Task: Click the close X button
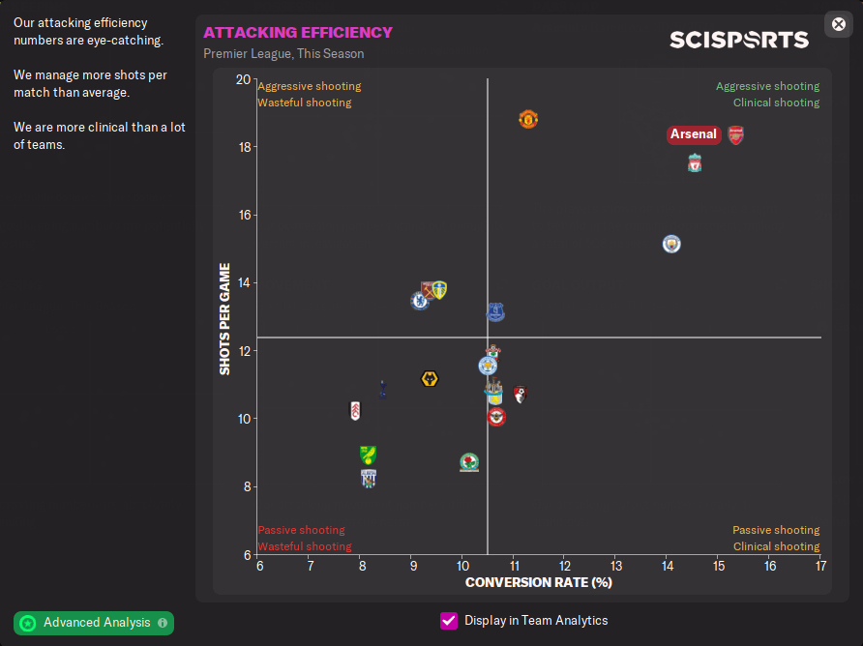pos(839,24)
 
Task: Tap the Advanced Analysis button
pos(94,623)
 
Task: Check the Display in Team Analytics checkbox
pos(449,621)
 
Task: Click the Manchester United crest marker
pos(527,119)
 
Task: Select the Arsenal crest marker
pos(735,134)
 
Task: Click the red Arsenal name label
pos(694,134)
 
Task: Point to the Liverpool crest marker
pos(694,162)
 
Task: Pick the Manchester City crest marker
pos(671,244)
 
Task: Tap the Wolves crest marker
pos(431,379)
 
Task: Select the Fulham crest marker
pos(355,410)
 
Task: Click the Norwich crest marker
pos(368,455)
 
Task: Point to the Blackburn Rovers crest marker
pos(469,462)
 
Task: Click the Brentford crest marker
pos(496,417)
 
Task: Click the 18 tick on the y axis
pos(244,147)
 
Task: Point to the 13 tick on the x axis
pos(615,565)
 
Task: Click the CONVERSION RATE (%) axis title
pos(539,582)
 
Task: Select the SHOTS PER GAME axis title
pos(224,318)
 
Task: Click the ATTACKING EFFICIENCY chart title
pos(298,33)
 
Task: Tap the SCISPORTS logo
pos(739,40)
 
